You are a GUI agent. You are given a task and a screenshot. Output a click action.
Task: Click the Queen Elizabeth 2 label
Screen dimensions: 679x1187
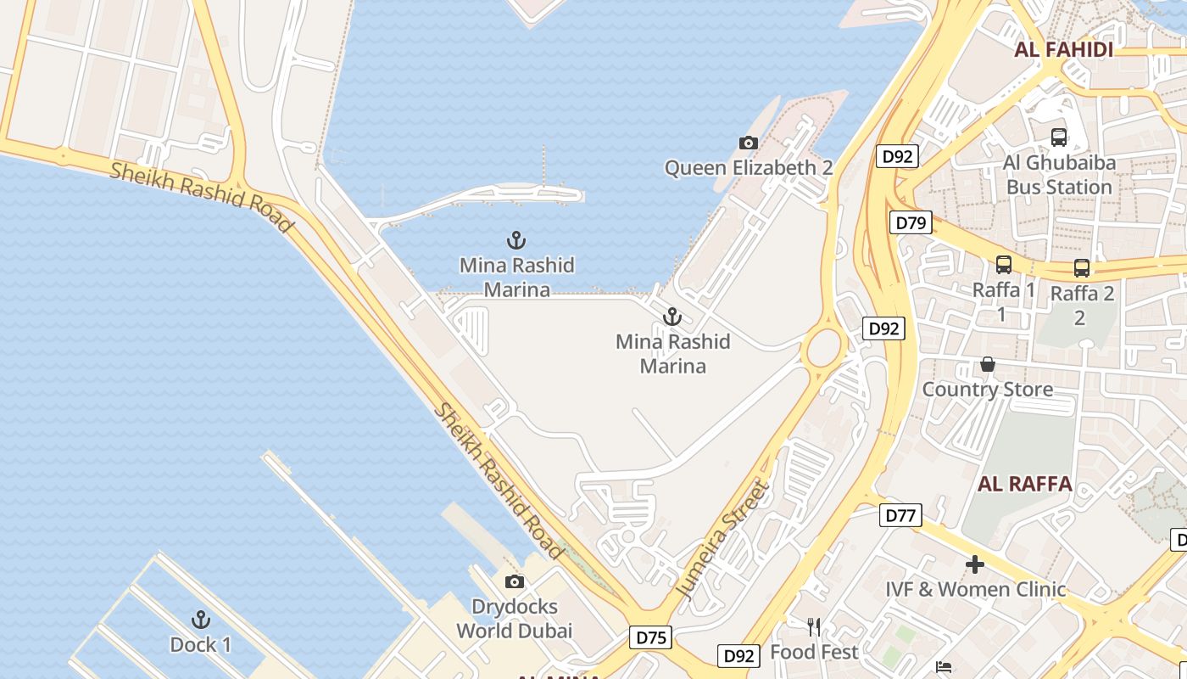[x=748, y=168]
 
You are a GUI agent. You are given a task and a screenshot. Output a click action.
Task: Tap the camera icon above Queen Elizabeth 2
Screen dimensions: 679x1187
[x=748, y=143]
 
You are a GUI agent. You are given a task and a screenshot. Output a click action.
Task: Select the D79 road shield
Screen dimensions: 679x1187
[x=911, y=223]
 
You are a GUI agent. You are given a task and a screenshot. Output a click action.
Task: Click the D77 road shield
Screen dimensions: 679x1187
[x=900, y=515]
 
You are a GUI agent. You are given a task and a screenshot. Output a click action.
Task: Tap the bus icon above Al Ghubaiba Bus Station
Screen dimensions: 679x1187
[x=1058, y=137]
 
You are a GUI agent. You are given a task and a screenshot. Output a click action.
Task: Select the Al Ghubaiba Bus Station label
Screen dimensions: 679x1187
[x=1058, y=175]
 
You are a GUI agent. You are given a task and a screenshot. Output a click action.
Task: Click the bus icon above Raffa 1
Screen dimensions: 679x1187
[x=1004, y=265]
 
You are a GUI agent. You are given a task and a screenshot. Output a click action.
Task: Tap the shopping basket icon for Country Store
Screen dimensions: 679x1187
[x=988, y=364]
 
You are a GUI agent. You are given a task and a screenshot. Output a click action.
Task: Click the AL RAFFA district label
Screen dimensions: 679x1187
[x=1025, y=485]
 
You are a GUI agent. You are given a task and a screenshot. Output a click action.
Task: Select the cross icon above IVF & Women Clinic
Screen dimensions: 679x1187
[x=975, y=564]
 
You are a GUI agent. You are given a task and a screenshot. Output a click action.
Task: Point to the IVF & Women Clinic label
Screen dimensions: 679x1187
[x=975, y=589]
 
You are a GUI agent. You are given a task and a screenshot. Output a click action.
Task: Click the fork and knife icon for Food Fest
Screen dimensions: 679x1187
[x=814, y=627]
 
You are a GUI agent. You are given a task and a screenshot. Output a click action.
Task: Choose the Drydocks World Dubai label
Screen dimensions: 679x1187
[x=515, y=619]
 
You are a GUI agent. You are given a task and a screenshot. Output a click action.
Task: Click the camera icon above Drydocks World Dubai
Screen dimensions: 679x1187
[x=515, y=582]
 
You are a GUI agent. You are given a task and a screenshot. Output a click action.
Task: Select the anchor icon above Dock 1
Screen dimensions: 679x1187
[x=201, y=619]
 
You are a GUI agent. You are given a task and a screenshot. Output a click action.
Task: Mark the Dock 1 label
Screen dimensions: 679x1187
[x=201, y=645]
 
